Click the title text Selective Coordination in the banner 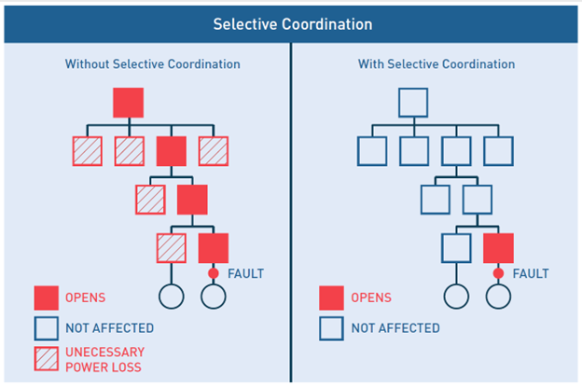pos(293,24)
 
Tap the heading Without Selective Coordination pos(153,63)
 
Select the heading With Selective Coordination pos(436,63)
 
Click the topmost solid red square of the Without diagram pos(129,103)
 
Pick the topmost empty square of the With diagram pos(399,103)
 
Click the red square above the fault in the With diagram pos(498,248)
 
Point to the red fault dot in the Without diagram pos(214,273)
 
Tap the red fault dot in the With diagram pos(498,273)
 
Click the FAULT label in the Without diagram pos(245,274)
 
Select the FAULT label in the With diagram pos(531,274)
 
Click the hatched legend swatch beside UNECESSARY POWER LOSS pos(47,359)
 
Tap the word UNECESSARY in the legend pos(105,352)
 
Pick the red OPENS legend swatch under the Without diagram pos(47,298)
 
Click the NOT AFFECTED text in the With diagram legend pos(395,328)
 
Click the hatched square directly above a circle pos(172,248)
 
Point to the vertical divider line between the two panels pos(291,213)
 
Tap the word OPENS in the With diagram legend pos(371,297)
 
